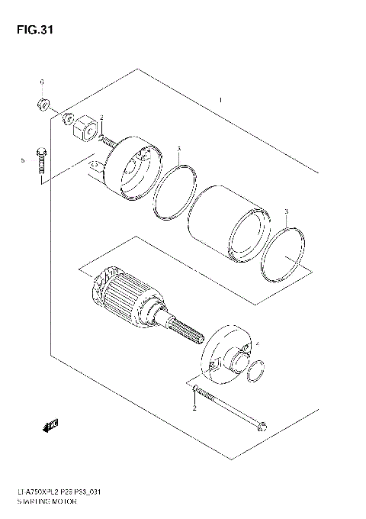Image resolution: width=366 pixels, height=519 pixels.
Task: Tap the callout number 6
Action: click(43, 82)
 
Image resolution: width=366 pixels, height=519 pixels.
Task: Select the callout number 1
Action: click(220, 100)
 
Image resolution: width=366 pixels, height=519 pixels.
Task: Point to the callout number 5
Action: click(23, 160)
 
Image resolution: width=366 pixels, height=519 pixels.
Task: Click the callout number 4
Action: click(257, 344)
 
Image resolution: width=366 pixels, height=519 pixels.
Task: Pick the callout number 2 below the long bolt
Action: click(194, 409)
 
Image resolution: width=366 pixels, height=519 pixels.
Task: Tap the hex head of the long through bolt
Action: click(196, 392)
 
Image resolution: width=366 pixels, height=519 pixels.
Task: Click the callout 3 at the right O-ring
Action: click(286, 211)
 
